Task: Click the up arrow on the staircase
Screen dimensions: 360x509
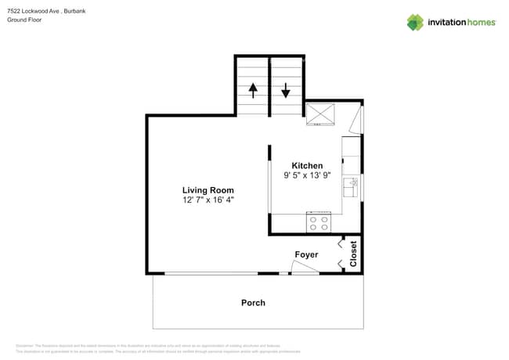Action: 253,89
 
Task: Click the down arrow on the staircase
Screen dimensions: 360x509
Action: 287,89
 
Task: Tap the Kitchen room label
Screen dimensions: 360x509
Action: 307,166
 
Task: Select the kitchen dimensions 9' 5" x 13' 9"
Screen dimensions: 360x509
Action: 307,176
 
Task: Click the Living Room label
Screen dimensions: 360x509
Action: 208,190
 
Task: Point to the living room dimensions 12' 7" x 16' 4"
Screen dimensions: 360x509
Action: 208,200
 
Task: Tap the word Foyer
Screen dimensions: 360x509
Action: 306,255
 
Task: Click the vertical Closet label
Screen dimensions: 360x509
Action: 354,254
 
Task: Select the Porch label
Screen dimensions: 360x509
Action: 253,303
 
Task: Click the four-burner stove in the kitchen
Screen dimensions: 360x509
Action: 319,224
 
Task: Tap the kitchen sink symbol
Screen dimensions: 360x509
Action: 353,187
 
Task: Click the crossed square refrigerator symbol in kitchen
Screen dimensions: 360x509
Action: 319,114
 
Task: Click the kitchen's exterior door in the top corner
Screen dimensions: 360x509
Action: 357,119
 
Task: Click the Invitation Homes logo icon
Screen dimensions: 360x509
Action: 415,22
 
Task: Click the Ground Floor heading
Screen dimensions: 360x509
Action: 24,20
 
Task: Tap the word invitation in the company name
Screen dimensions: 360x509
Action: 447,22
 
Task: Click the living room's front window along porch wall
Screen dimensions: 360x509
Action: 211,273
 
